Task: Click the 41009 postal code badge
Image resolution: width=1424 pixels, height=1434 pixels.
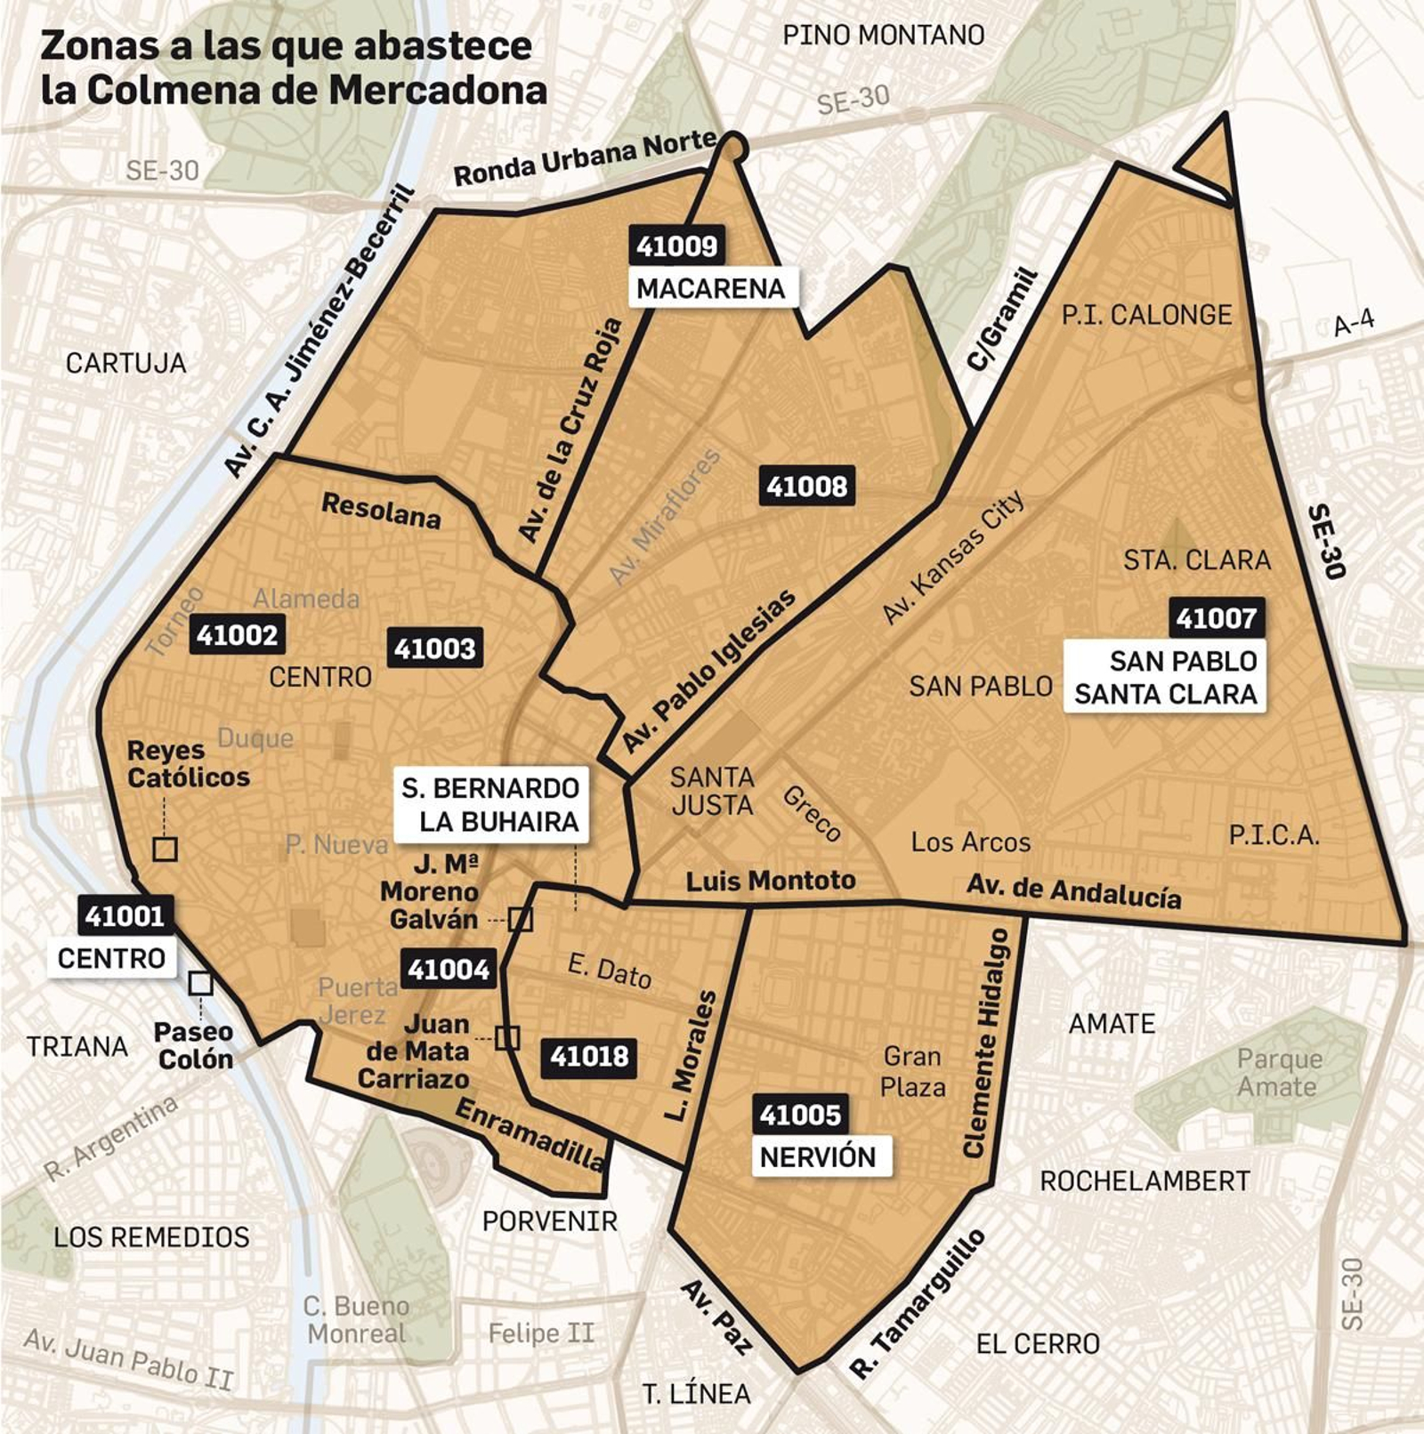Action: point(676,246)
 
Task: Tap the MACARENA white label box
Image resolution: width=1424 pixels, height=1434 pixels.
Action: point(710,288)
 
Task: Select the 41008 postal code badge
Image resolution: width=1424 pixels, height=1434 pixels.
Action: point(806,487)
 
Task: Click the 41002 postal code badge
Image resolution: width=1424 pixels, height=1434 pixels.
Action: point(237,634)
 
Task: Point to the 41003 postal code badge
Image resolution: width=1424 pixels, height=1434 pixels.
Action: point(434,649)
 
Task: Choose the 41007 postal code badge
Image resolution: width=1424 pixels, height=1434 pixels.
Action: point(1216,618)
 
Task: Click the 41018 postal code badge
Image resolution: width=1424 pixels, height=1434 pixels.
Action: point(589,1057)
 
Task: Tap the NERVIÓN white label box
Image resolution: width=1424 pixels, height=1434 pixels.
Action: point(819,1156)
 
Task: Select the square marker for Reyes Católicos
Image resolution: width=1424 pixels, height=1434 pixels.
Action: point(165,849)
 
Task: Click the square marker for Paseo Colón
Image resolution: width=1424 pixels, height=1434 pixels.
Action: point(200,983)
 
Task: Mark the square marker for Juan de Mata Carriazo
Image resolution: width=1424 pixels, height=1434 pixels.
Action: point(507,1037)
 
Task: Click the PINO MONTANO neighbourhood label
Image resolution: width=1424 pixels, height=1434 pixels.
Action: point(883,36)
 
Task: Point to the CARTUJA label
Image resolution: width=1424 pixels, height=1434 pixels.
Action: point(125,363)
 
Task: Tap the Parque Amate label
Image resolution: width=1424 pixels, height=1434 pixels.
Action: point(1278,1073)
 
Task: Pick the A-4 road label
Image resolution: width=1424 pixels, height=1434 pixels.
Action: point(1353,323)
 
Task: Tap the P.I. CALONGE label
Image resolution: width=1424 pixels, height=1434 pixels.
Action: point(1146,315)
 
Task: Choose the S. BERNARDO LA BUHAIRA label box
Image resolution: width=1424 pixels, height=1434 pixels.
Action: point(491,805)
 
